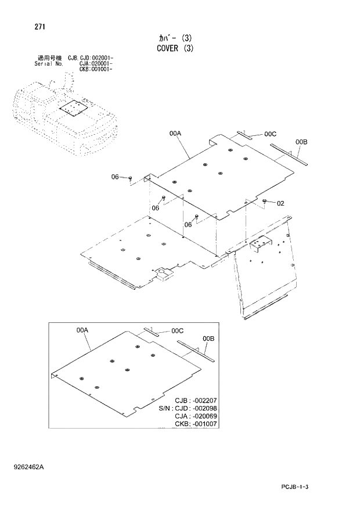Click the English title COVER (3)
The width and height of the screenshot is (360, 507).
174,48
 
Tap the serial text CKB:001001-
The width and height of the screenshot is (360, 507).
96,69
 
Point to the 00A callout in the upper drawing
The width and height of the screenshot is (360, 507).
176,134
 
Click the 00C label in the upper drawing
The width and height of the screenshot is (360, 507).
270,134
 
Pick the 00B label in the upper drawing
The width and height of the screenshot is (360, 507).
301,142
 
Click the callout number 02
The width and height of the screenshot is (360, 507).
280,203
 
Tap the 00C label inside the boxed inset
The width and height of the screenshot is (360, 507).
178,331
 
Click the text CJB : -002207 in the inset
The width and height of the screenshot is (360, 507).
196,401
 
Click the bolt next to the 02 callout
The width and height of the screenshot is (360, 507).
265,201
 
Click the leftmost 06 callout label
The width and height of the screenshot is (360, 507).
115,177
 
